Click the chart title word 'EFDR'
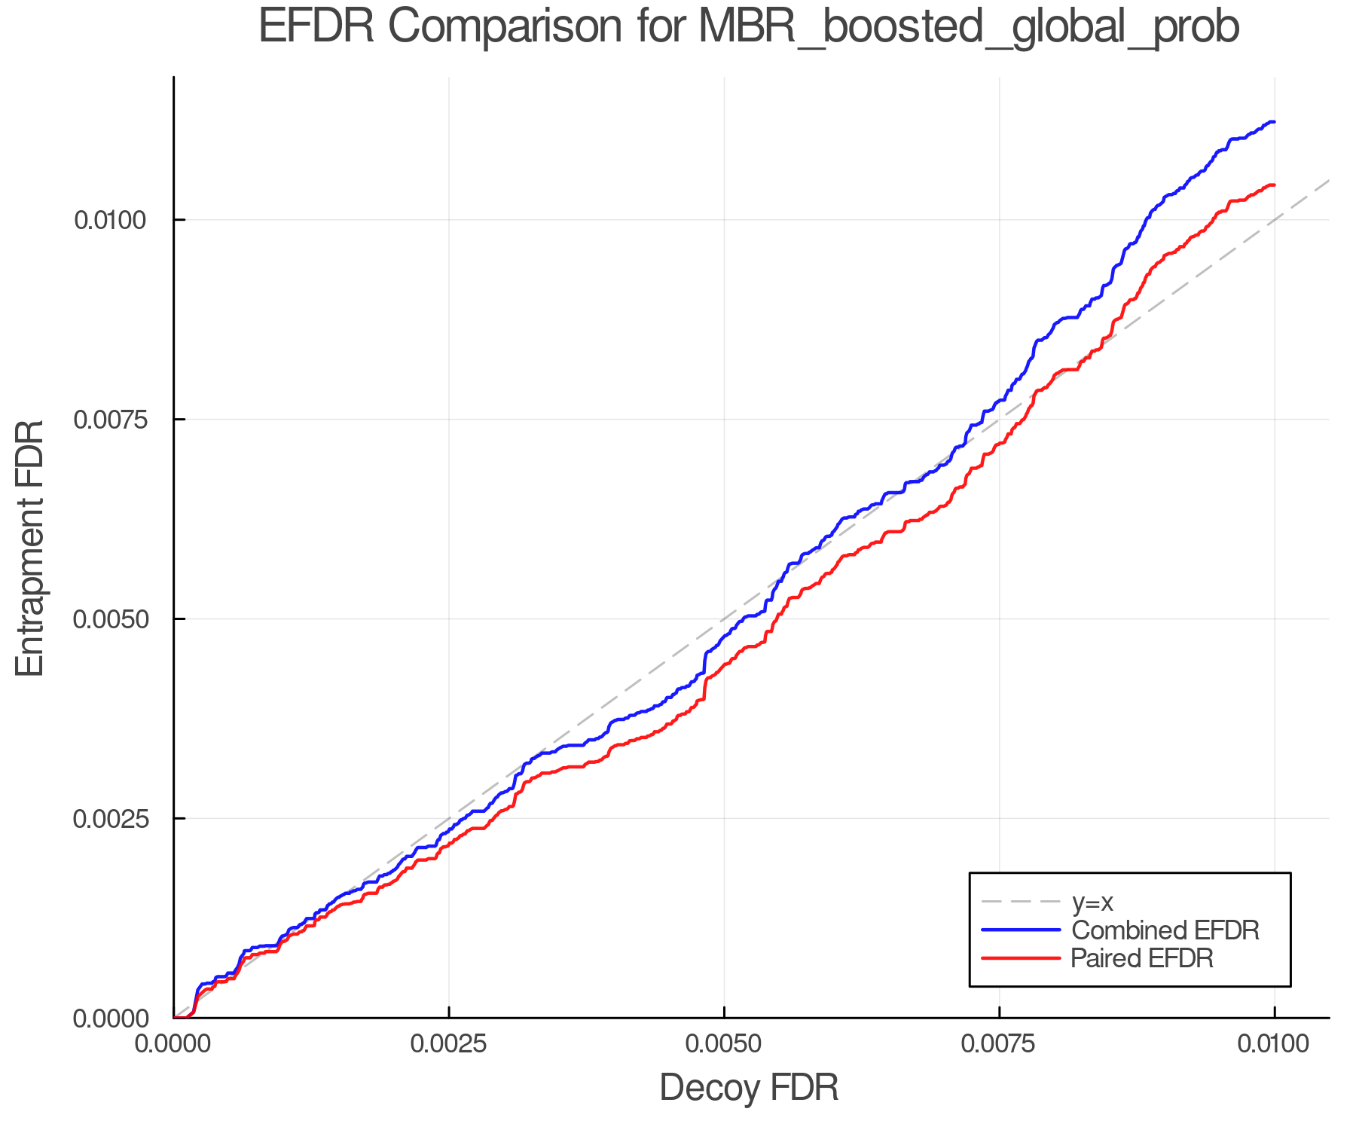[x=316, y=27]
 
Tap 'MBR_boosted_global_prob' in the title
[x=969, y=29]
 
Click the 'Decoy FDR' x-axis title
[x=749, y=1088]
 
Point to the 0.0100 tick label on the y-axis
[x=109, y=221]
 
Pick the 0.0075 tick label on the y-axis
[x=109, y=420]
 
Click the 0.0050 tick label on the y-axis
[x=109, y=619]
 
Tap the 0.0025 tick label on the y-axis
[x=109, y=819]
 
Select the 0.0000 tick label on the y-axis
[x=109, y=1019]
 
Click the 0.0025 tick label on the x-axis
[x=449, y=1044]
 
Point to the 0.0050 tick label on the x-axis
[x=724, y=1044]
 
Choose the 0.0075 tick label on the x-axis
[x=999, y=1044]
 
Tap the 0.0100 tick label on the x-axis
[x=1274, y=1044]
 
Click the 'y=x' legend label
[x=1092, y=902]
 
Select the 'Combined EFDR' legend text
[x=1165, y=930]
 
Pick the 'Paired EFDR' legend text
[x=1142, y=958]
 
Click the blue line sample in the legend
[x=1021, y=930]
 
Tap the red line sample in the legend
[x=1021, y=958]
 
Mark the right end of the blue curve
[x=1274, y=121]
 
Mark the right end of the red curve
[x=1274, y=185]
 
